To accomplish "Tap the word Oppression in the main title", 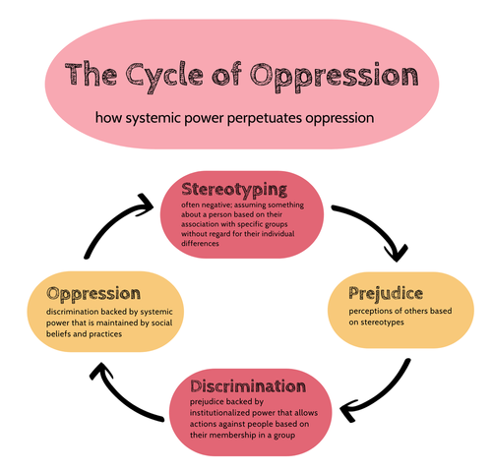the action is [x=335, y=77].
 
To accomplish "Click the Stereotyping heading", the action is [x=234, y=190].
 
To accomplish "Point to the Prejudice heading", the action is [x=386, y=294].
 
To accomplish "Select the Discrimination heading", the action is [x=248, y=386].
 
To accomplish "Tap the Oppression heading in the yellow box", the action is [x=93, y=294].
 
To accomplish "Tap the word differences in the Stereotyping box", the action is [x=200, y=244].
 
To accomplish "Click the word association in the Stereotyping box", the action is [x=202, y=224].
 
